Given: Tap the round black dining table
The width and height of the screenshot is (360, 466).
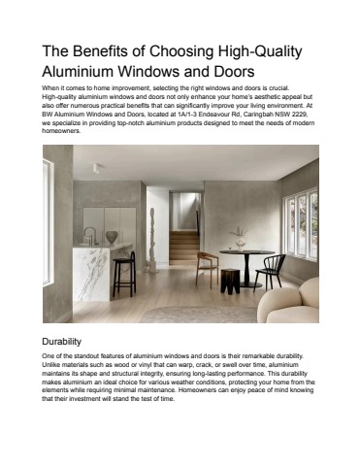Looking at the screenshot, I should (245, 258).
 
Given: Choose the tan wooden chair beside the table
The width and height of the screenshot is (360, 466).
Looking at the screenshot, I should (207, 268).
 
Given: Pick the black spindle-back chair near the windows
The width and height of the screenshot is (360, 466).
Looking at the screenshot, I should (273, 269).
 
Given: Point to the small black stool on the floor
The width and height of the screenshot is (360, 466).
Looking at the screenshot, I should (229, 282).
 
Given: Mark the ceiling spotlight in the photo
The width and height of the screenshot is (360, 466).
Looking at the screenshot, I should (98, 168).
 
